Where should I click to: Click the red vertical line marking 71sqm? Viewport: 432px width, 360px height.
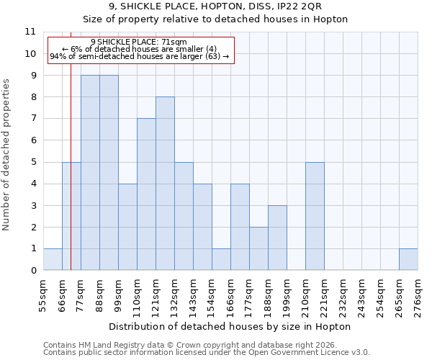(71, 180)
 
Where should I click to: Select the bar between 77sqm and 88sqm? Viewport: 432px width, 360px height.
(90, 173)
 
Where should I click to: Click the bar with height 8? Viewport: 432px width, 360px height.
(165, 184)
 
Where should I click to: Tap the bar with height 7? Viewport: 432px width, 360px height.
(146, 194)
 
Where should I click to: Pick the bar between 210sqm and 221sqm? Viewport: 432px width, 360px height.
(315, 216)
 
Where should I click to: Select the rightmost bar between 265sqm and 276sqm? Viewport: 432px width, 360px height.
(408, 259)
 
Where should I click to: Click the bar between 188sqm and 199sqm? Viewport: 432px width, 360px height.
(277, 238)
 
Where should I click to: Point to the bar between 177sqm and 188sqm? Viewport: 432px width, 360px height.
(258, 248)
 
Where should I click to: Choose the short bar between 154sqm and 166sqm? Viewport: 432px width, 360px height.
(221, 259)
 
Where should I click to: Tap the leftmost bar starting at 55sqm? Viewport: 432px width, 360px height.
(53, 259)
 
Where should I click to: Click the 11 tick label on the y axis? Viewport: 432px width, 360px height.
(30, 32)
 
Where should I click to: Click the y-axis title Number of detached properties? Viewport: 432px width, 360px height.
(6, 155)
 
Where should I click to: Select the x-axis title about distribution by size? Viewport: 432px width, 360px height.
(230, 326)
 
